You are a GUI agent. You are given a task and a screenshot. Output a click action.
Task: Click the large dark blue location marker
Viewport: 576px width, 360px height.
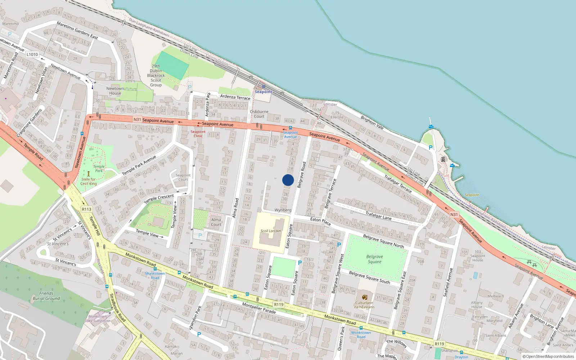tap(288, 180)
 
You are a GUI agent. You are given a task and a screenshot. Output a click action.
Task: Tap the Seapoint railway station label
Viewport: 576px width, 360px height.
tap(263, 92)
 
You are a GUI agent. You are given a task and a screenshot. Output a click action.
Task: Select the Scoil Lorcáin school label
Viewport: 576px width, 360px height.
tap(271, 231)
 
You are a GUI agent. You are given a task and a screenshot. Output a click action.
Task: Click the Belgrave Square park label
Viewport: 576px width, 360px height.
tap(374, 259)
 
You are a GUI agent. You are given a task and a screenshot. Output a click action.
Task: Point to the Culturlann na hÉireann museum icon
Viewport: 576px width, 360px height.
tap(364, 297)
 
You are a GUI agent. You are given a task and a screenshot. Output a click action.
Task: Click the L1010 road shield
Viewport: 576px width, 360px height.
tap(32, 54)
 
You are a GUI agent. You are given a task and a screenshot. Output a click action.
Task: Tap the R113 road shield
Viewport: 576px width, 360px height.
tap(86, 209)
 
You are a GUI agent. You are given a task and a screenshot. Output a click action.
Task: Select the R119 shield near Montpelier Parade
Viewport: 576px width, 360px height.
tap(279, 305)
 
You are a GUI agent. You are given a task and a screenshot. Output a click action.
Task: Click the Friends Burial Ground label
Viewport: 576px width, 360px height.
tap(46, 296)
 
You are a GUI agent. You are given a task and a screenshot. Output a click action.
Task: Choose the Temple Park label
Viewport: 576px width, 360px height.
tap(99, 168)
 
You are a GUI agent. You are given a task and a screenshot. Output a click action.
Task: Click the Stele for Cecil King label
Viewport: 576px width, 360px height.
tap(89, 181)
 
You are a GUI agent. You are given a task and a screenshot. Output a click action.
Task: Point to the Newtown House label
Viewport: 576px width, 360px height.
tap(115, 91)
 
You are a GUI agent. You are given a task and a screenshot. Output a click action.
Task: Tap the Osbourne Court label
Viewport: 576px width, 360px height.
tap(259, 114)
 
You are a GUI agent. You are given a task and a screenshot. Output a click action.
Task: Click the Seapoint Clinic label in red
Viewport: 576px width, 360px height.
tap(198, 134)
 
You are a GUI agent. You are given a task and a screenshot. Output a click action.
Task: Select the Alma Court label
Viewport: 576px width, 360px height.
tap(216, 222)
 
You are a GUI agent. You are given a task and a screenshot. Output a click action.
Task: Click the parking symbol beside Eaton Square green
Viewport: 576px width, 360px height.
tap(300, 263)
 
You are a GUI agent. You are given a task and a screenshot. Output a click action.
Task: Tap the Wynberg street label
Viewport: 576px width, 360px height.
tap(283, 210)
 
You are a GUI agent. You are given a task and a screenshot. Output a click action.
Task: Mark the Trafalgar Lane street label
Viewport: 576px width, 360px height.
tap(378, 215)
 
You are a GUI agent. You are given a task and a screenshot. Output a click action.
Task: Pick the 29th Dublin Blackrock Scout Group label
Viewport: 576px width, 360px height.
tap(156, 76)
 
